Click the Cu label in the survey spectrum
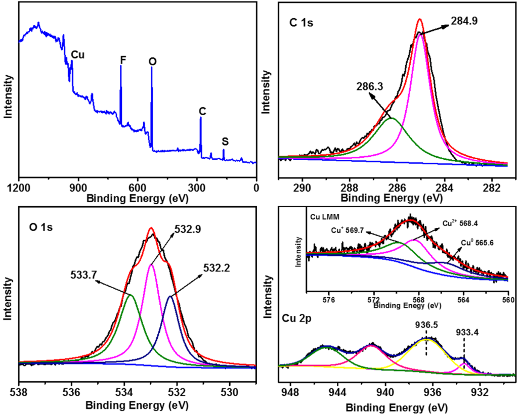pos(78,54)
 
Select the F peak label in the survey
pos(122,60)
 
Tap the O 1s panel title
pos(41,226)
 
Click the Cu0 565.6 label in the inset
pos(477,242)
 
